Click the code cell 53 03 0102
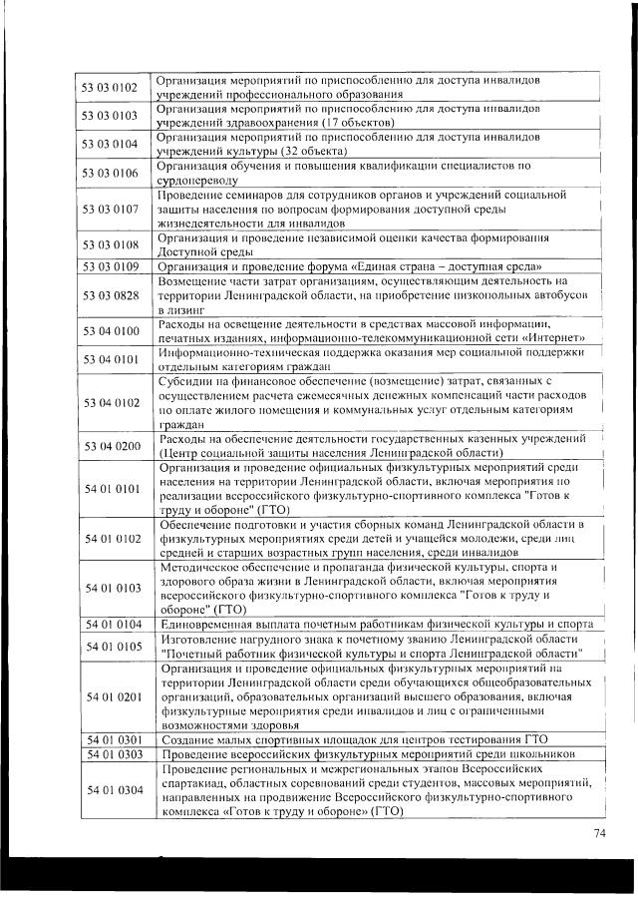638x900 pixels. (110, 87)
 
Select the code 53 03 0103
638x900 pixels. (110, 115)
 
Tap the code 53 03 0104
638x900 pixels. (110, 144)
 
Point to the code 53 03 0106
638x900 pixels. (110, 173)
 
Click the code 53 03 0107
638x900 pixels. (110, 210)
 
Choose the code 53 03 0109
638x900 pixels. (110, 266)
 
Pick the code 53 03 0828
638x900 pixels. (110, 296)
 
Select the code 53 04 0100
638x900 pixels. (110, 330)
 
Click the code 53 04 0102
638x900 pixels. (110, 402)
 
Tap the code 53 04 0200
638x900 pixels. (110, 445)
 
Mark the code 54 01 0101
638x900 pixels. (110, 489)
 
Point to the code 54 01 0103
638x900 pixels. (110, 589)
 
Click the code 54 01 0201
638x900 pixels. (110, 695)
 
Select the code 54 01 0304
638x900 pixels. (110, 790)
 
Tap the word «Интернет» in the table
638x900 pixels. (546, 338)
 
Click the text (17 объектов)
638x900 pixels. (335, 122)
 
